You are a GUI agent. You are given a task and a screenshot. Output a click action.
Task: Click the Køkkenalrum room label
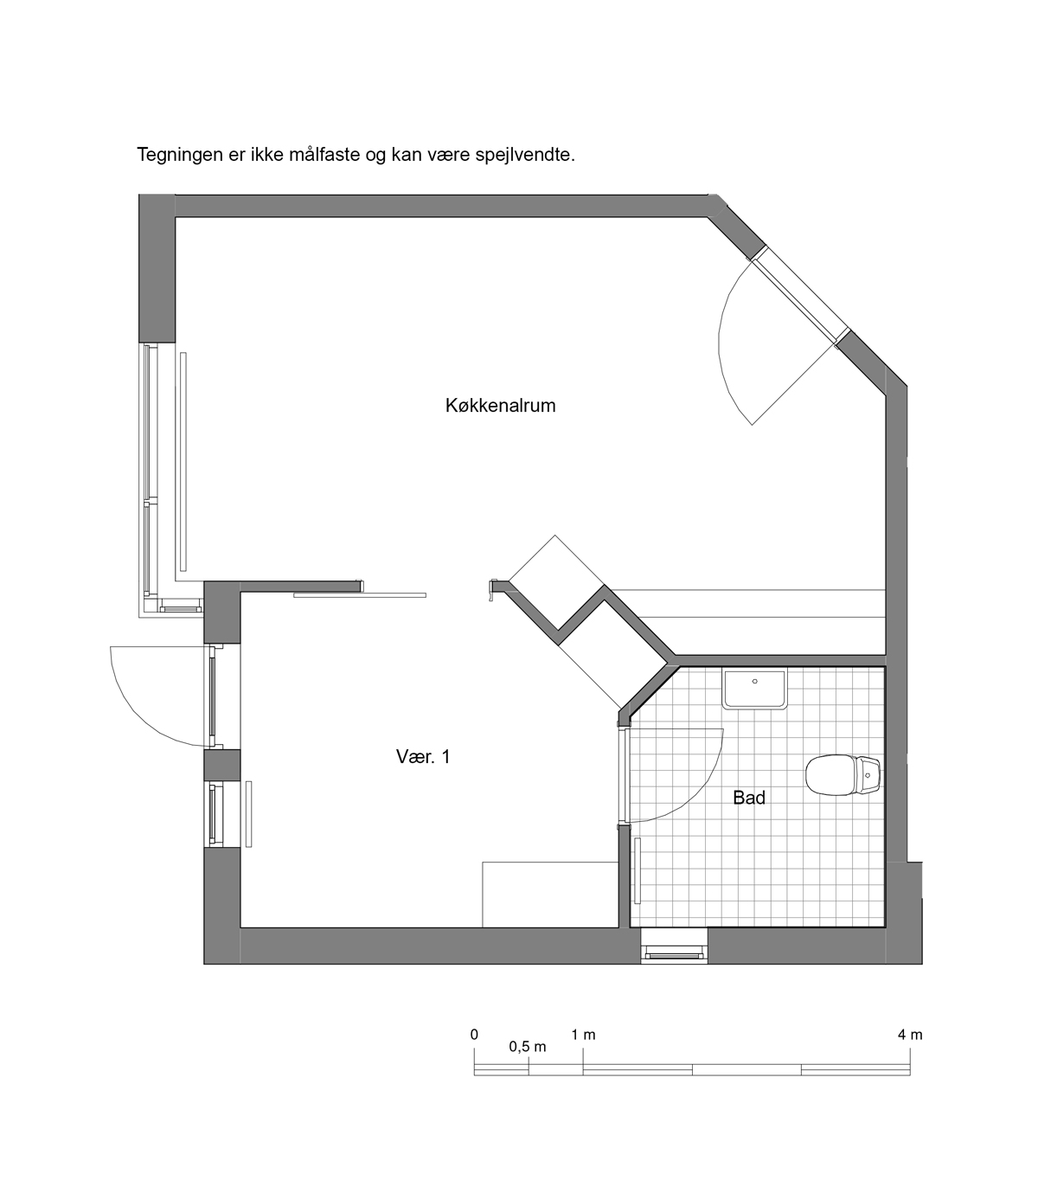[x=500, y=405]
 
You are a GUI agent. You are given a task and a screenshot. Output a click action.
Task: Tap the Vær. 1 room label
[x=423, y=757]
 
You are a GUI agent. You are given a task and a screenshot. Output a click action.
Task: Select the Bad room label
[x=749, y=798]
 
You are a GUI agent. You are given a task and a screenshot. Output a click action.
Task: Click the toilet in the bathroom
[x=843, y=774]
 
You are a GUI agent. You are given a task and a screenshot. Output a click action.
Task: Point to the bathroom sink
[x=755, y=690]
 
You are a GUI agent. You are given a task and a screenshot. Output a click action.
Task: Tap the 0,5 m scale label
[x=528, y=1047]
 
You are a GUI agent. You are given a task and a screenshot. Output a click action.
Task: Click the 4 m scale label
[x=910, y=1035]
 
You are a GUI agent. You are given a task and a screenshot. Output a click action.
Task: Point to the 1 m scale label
[x=583, y=1035]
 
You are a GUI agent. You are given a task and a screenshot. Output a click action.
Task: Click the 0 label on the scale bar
[x=474, y=1035]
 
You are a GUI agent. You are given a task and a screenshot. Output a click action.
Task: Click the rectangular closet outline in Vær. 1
[x=550, y=895]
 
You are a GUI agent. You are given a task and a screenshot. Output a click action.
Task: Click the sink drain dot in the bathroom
[x=755, y=681]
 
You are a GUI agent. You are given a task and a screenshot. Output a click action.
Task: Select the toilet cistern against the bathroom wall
[x=868, y=774]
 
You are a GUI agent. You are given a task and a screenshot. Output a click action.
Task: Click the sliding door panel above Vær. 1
[x=360, y=594]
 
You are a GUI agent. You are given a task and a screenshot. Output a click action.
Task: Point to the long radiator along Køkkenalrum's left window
[x=183, y=461]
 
